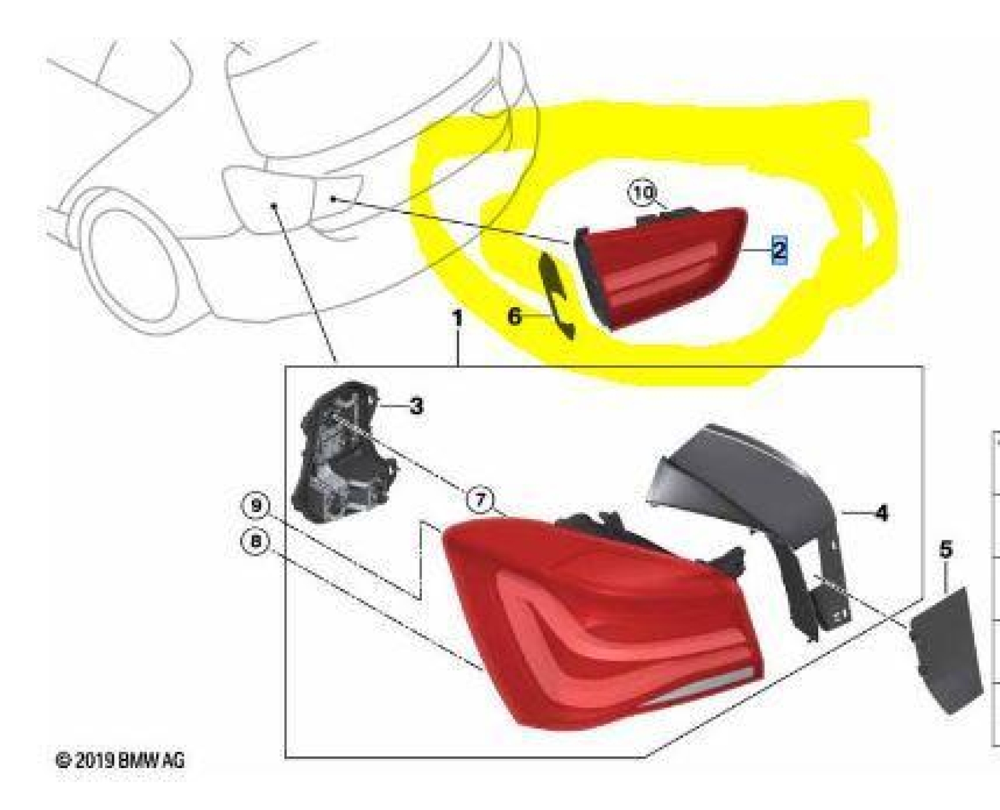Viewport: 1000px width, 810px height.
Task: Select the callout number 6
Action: (514, 317)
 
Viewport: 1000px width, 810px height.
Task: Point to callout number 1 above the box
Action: (457, 319)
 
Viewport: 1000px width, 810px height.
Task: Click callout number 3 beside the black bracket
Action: (416, 406)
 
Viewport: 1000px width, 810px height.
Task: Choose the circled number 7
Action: (480, 500)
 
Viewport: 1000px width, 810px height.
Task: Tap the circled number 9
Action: (256, 506)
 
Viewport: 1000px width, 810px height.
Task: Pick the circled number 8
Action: (256, 541)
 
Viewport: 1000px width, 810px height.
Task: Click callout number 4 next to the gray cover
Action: (882, 513)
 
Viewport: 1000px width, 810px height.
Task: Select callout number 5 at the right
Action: (946, 549)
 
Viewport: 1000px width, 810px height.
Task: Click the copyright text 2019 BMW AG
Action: (120, 760)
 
